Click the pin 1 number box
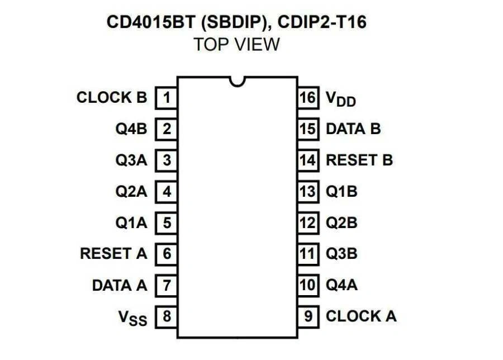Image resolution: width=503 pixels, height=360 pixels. click(167, 98)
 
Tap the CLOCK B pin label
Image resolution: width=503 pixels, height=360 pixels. click(112, 98)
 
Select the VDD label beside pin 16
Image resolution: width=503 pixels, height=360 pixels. click(341, 99)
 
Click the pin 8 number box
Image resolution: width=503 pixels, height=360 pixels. click(167, 317)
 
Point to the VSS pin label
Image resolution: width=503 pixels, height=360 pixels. click(132, 318)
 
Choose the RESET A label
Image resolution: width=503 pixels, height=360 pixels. click(113, 254)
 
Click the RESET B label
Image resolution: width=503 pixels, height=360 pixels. click(359, 160)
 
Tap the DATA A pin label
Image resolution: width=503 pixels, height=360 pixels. click(120, 285)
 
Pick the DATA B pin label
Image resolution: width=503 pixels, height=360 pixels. click(353, 129)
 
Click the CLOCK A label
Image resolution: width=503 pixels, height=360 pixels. click(361, 316)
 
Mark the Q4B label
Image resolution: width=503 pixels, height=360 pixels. click(131, 129)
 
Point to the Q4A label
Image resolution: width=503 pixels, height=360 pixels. click(341, 285)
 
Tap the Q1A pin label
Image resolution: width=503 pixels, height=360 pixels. click(131, 222)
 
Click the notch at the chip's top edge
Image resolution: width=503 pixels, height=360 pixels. click(238, 81)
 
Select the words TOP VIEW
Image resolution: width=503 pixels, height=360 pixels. click(236, 44)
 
